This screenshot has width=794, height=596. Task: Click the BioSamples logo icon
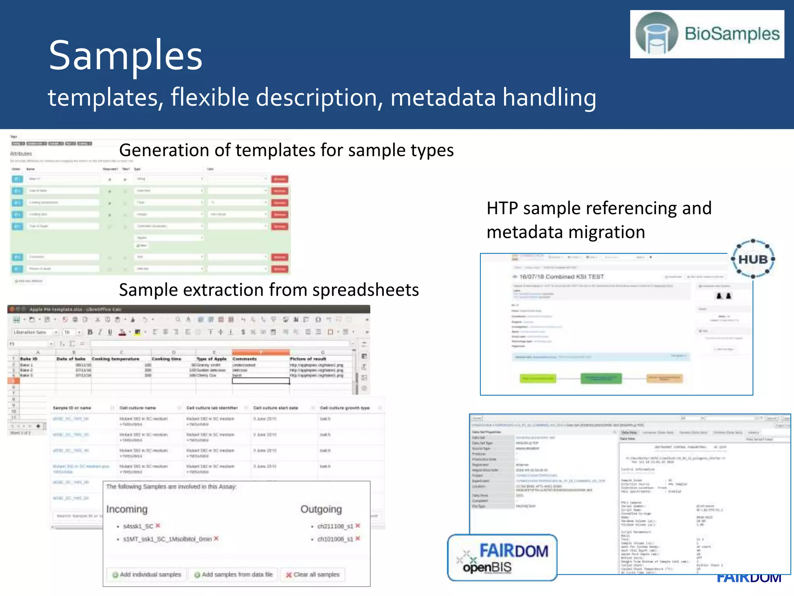tap(657, 34)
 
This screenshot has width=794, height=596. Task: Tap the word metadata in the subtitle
tap(443, 97)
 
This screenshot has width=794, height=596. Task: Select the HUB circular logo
tap(753, 259)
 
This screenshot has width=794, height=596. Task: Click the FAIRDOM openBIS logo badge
tap(502, 558)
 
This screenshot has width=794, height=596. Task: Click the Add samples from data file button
tap(233, 574)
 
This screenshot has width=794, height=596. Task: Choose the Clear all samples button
tap(312, 574)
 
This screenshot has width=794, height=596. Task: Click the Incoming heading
tap(127, 509)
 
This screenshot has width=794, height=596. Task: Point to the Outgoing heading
tap(321, 509)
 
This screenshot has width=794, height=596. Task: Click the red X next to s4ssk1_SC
tap(158, 526)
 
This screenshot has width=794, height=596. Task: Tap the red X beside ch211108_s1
tap(358, 526)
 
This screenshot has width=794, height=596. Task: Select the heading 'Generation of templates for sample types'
tap(286, 150)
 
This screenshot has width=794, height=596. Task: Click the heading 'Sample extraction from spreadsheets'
tap(269, 290)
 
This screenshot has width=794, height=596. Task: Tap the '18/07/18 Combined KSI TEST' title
tap(561, 277)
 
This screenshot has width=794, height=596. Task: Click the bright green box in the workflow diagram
tap(538, 378)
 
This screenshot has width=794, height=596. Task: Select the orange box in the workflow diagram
tap(665, 378)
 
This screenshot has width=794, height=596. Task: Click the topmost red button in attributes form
tap(280, 179)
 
